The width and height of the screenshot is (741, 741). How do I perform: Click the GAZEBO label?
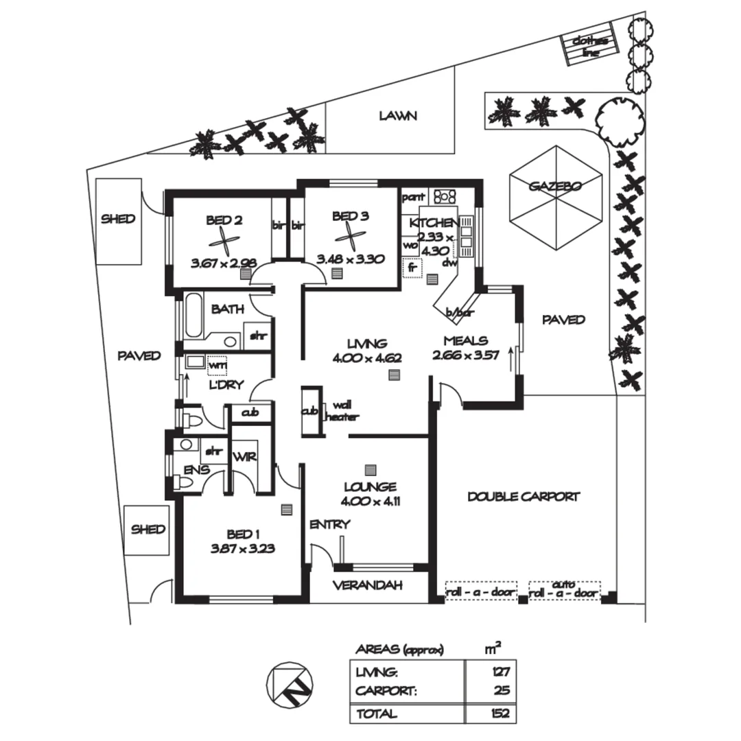pos(556,186)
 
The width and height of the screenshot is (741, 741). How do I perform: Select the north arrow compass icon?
pos(289,683)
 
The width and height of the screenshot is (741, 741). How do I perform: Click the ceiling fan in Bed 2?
pos(224,240)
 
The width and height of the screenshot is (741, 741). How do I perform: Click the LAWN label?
pos(398,116)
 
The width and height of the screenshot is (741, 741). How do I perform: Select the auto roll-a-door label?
pos(564,589)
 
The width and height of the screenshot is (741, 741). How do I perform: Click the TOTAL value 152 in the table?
pos(501,714)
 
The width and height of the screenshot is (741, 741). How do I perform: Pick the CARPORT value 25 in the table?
pos(502,691)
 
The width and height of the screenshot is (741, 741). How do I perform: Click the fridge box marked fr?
pos(412,267)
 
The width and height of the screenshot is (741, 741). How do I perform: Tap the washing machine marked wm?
pos(217,366)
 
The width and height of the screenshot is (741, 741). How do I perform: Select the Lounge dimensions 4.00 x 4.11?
pos(370,501)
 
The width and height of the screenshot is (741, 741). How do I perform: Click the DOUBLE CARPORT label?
pos(524,497)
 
